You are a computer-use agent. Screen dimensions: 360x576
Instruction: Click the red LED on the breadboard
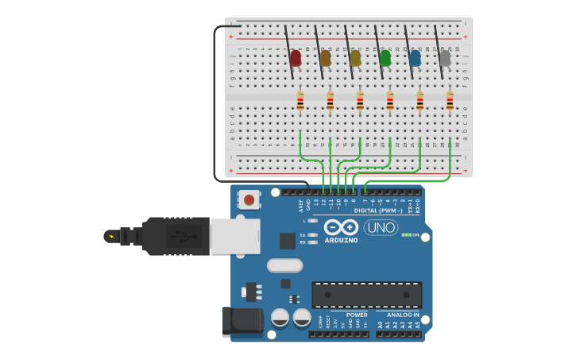pos(296,58)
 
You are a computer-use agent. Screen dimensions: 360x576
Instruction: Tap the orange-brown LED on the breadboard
pos(325,58)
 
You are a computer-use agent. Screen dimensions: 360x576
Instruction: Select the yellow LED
pos(355,58)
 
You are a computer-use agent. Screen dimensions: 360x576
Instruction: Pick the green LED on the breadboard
pos(385,58)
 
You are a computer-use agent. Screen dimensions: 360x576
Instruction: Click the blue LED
pos(415,58)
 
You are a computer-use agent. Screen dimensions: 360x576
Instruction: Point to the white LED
pos(445,58)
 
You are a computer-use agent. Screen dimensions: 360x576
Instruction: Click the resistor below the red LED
pos(300,102)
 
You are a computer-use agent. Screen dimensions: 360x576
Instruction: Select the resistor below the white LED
pos(450,102)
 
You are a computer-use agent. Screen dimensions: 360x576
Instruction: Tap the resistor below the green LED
pos(390,102)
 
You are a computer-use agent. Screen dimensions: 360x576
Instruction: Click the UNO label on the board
pos(381,227)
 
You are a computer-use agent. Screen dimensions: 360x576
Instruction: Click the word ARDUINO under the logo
pos(342,240)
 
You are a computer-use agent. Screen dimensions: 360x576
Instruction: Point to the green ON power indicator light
pos(405,234)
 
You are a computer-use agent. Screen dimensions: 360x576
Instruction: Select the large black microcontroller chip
pos(366,295)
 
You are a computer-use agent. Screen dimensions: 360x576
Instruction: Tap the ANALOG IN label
pos(403,315)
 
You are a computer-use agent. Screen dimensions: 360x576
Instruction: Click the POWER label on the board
pos(357,315)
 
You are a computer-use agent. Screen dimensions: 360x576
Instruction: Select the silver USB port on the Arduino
pos(235,236)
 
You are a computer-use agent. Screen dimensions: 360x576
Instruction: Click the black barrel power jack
pos(242,320)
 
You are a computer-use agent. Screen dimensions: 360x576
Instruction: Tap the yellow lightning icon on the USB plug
pos(111,236)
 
